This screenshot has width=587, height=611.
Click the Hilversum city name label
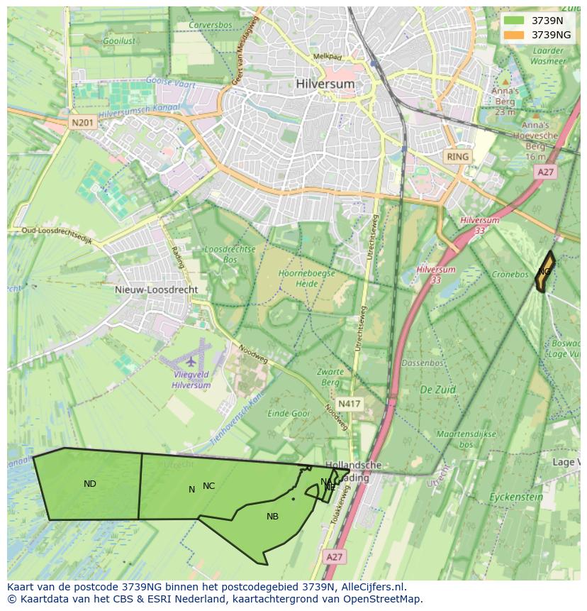click(x=325, y=84)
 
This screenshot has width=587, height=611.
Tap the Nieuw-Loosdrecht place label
click(x=156, y=290)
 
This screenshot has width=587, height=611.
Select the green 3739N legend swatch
click(x=514, y=21)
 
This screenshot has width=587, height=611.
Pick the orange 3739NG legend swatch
click(x=514, y=34)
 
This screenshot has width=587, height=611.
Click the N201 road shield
click(x=82, y=123)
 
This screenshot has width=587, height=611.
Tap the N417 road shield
click(x=349, y=404)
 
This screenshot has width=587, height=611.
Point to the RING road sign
click(x=457, y=156)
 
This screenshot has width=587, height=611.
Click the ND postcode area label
click(x=90, y=484)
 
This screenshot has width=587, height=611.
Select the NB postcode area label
click(x=272, y=517)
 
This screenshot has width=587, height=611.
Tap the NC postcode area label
click(x=208, y=486)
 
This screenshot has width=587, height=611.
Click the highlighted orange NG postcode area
click(x=544, y=273)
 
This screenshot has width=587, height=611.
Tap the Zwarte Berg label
click(x=330, y=377)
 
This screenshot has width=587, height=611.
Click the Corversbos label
click(x=210, y=25)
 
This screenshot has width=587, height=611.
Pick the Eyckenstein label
click(x=516, y=497)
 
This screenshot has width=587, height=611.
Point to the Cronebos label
click(x=510, y=274)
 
